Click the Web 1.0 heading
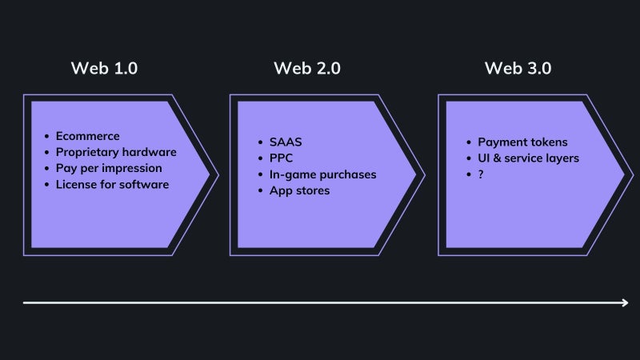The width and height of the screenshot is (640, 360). [104, 68]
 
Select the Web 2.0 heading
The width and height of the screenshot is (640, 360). [307, 68]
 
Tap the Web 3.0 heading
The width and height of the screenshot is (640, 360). [518, 68]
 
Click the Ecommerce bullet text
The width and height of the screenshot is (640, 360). [88, 136]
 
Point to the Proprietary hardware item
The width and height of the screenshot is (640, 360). [116, 152]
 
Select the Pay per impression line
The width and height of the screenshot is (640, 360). [109, 168]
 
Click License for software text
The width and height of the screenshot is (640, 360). [112, 185]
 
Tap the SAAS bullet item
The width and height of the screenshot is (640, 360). [286, 142]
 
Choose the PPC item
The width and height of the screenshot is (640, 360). [282, 158]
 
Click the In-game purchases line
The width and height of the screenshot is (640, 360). [323, 174]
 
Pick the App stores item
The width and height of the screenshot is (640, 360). [299, 190]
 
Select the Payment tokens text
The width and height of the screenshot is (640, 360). [523, 142]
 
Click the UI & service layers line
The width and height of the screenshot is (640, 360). [529, 158]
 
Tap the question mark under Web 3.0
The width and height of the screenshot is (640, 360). [481, 174]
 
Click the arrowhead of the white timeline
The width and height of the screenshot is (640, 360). [626, 303]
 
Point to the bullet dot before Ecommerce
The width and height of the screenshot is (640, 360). [47, 136]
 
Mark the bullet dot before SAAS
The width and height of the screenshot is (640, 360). [261, 142]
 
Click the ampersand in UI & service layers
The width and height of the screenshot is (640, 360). [497, 158]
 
